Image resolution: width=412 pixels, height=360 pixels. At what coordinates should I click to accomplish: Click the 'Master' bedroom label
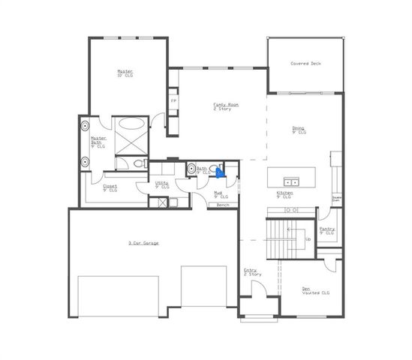coord(125,72)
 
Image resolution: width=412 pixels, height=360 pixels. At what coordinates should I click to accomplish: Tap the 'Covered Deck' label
coord(305,64)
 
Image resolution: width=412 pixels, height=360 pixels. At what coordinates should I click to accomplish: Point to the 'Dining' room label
coord(299,129)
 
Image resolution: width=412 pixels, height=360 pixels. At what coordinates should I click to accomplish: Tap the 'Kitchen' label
coord(284,193)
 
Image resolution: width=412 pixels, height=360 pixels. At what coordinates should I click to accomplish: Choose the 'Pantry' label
coord(326,230)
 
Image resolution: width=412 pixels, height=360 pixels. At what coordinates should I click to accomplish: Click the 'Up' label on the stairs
coord(308,239)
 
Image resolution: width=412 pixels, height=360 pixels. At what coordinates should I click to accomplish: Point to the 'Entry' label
coord(250,271)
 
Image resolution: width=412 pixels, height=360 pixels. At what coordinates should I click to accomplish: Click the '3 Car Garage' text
coord(143,243)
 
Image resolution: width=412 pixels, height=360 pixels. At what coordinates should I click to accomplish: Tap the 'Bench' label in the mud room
coord(222,205)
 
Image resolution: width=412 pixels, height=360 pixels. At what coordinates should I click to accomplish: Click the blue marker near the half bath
coord(219,172)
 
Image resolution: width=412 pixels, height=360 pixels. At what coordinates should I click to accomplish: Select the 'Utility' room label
coord(161,184)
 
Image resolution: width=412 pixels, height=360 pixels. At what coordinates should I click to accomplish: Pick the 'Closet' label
coord(110,187)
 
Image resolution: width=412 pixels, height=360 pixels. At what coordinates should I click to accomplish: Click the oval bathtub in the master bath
coord(131,125)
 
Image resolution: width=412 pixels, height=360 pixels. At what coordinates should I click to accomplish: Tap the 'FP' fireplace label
coord(173,100)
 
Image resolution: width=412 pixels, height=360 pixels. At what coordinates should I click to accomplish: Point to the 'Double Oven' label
coord(336,199)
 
